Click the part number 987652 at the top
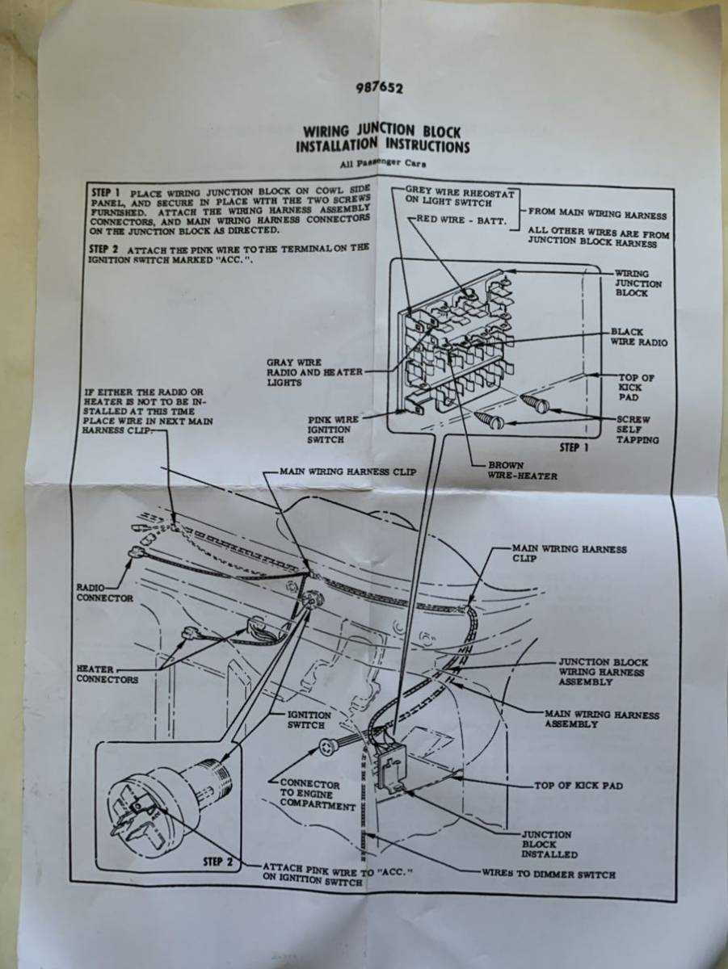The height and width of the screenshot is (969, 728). click(380, 88)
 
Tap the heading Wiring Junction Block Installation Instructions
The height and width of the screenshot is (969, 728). click(381, 139)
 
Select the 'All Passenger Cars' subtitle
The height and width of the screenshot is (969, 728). click(382, 164)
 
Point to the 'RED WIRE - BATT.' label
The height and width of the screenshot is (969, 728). click(461, 220)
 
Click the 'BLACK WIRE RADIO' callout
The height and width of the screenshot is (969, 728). click(639, 337)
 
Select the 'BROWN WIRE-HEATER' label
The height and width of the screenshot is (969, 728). click(522, 471)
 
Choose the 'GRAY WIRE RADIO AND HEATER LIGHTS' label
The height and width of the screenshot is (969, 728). click(314, 372)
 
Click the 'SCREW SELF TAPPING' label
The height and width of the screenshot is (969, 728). click(638, 429)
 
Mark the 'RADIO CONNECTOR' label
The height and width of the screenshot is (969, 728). click(105, 593)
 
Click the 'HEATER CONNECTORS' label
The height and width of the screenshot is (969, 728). click(107, 674)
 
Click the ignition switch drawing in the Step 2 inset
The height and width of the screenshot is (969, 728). click(169, 797)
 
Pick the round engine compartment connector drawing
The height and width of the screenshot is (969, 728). click(328, 748)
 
